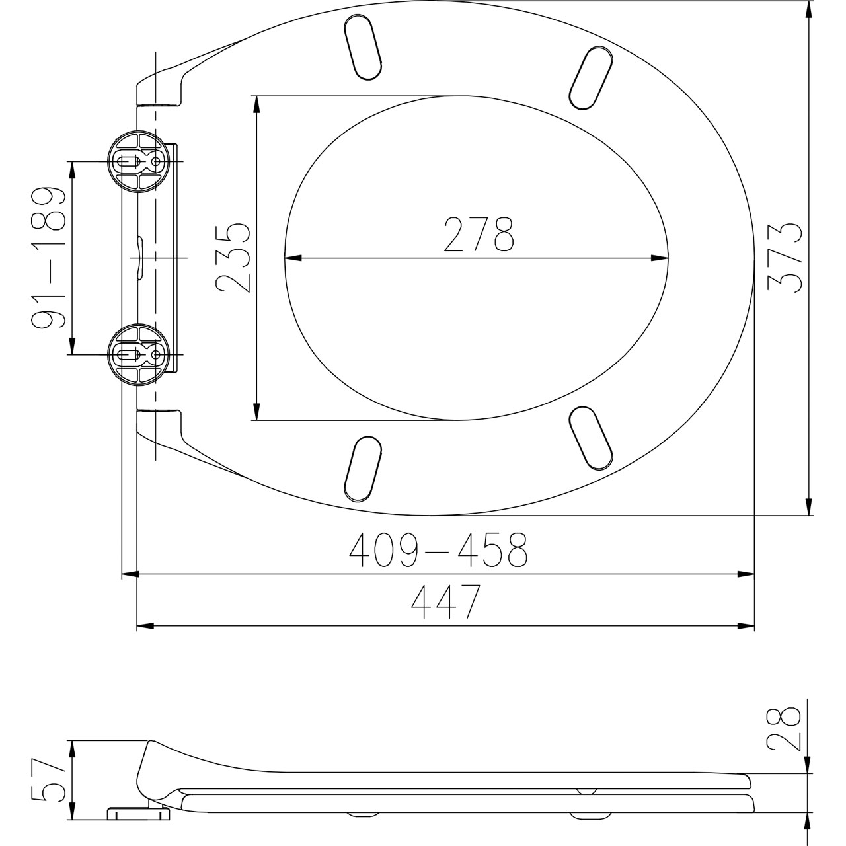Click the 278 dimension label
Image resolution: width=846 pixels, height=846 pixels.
pos(478,235)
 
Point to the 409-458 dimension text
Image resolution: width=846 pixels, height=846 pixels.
pos(438,550)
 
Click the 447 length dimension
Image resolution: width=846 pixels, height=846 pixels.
pos(446,601)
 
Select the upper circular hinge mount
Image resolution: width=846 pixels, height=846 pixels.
pos(138,161)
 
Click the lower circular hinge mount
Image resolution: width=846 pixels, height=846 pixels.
pos(138,354)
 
